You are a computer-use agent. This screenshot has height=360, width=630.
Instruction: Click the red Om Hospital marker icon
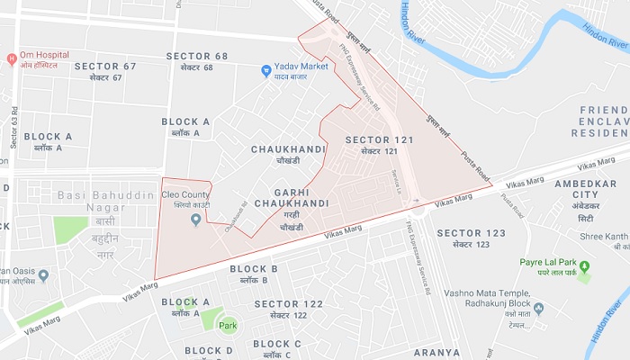tap(12, 59)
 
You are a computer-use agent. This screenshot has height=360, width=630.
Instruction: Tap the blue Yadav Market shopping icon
tap(266, 70)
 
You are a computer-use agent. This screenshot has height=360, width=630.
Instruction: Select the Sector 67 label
tap(104, 71)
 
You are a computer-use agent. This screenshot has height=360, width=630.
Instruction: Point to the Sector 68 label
tap(196, 62)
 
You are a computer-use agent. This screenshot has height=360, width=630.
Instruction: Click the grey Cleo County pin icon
tap(196, 220)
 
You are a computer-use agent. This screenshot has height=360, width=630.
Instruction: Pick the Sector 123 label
tap(471, 238)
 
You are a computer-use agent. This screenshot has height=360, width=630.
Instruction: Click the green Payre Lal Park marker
tap(583, 266)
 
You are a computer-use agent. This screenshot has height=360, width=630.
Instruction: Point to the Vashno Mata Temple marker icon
tap(538, 309)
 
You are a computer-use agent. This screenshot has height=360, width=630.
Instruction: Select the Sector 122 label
tap(288, 310)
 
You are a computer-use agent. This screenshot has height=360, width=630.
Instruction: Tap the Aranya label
tap(436, 352)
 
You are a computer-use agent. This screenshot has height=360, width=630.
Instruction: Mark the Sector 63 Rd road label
tap(14, 126)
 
